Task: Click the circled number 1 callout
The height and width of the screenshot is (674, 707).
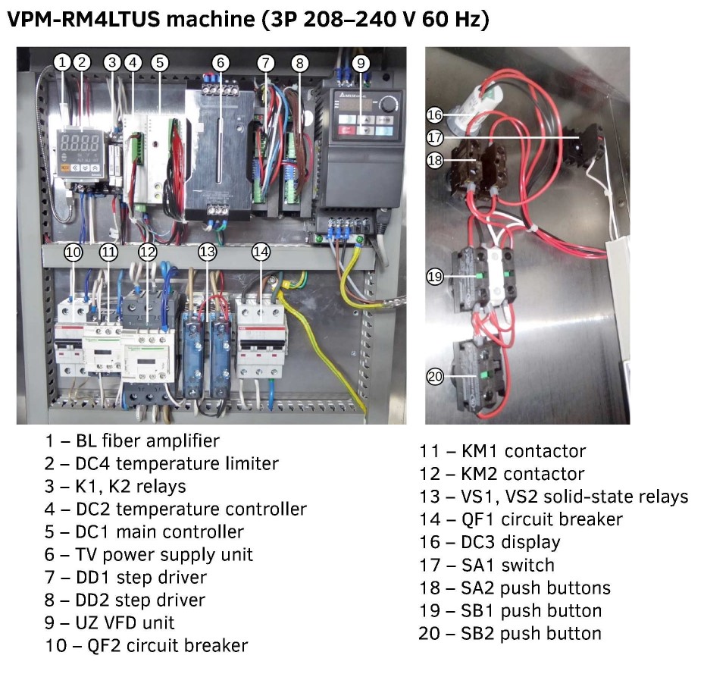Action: (x=63, y=62)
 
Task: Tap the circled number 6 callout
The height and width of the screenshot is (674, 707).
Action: (x=220, y=63)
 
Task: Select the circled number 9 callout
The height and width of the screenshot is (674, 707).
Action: (x=361, y=63)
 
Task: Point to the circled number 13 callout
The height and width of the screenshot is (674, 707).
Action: (x=208, y=252)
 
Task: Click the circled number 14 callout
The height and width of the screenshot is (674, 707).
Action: (x=261, y=252)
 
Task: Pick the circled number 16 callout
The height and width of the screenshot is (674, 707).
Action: (x=434, y=115)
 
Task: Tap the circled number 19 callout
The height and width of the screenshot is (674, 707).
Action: (x=434, y=277)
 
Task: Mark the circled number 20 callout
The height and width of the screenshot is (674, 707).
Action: (x=434, y=377)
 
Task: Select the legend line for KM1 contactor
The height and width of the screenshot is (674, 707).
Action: (x=502, y=451)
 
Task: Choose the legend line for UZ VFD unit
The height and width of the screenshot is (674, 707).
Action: (x=109, y=622)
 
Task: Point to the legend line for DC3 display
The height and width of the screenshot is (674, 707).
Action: (x=490, y=542)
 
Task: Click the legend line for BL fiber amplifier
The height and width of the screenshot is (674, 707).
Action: (x=132, y=440)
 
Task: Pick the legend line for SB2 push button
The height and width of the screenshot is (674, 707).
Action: (x=510, y=633)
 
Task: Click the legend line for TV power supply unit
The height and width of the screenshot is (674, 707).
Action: (x=149, y=554)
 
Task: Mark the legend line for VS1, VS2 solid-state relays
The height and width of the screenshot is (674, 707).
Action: (x=554, y=497)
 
